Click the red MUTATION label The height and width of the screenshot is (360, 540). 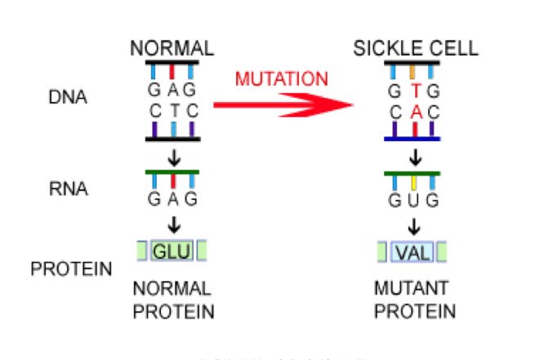pyautogui.click(x=281, y=80)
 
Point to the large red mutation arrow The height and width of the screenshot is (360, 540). pyautogui.click(x=286, y=106)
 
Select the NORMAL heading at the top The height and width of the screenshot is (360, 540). pyautogui.click(x=172, y=48)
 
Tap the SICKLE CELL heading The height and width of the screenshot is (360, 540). pyautogui.click(x=416, y=48)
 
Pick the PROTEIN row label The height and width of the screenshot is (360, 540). pyautogui.click(x=72, y=268)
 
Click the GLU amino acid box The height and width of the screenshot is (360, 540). pyautogui.click(x=172, y=251)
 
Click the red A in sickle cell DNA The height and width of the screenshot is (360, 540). pyautogui.click(x=415, y=111)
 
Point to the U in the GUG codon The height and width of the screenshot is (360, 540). pyautogui.click(x=415, y=201)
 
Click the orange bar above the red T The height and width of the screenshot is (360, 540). pyautogui.click(x=415, y=71)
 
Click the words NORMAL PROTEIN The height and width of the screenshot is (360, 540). pyautogui.click(x=172, y=300)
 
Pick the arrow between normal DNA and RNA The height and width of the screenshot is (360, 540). pyautogui.click(x=173, y=154)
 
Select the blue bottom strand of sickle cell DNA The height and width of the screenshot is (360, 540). pyautogui.click(x=415, y=139)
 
